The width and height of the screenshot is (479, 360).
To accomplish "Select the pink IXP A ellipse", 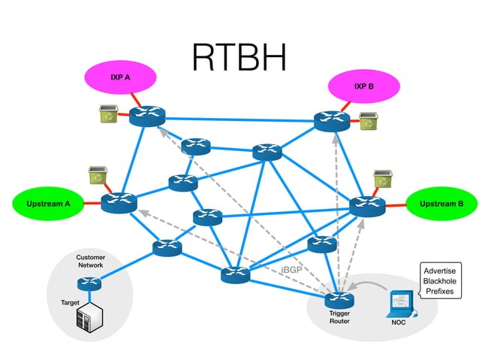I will [x=120, y=77].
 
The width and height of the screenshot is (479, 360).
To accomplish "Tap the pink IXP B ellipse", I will [x=363, y=86].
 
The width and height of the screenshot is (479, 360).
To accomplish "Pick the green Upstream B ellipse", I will [x=436, y=204].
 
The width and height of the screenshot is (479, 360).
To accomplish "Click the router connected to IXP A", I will [x=146, y=116].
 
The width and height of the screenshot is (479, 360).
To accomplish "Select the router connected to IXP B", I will [x=332, y=120].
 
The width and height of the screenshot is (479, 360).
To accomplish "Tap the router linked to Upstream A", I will [x=119, y=202].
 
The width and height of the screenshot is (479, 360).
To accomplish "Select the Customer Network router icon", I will [x=89, y=283].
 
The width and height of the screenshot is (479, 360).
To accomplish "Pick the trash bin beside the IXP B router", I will [x=368, y=120].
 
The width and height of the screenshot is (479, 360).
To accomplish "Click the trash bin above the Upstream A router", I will [x=97, y=175].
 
